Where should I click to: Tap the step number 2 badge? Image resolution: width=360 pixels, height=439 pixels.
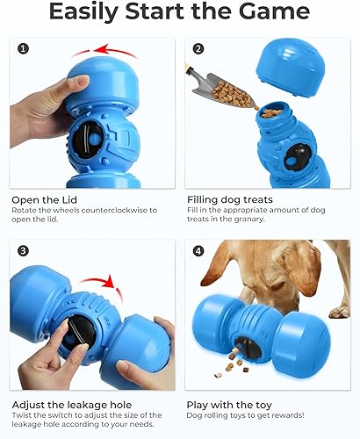pyautogui.click(x=198, y=49)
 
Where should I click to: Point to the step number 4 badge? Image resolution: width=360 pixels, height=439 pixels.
pyautogui.click(x=198, y=251)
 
